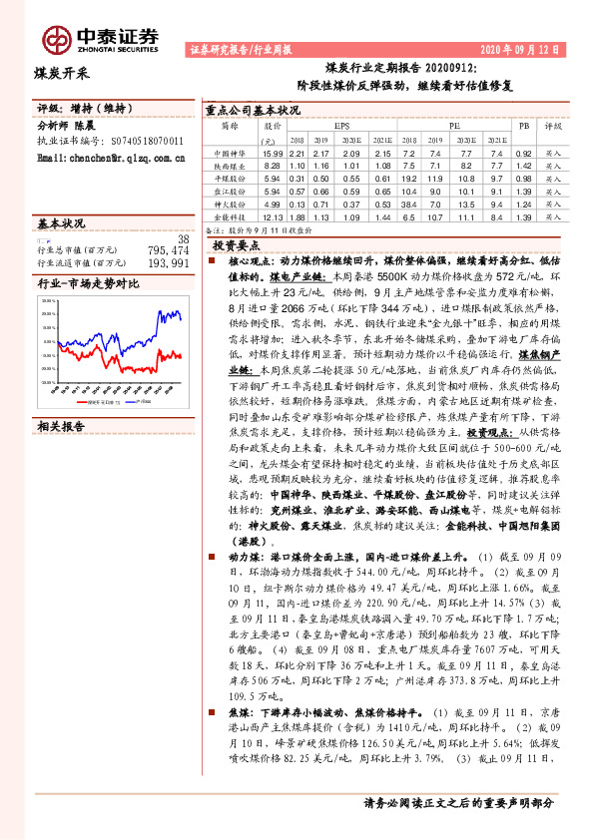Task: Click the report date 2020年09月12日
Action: tap(521, 48)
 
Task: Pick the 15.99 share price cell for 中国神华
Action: tap(273, 154)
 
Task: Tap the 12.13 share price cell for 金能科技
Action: tap(273, 215)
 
